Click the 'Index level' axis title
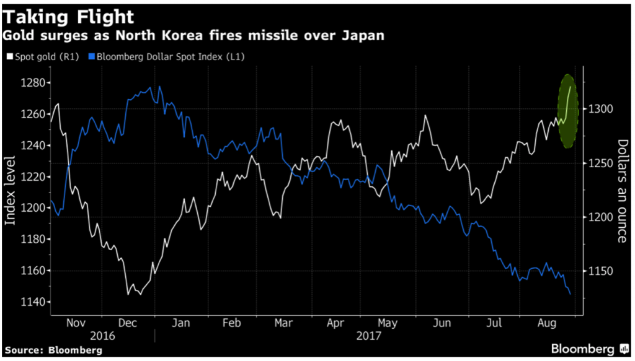(x=11, y=192)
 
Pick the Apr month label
(x=335, y=323)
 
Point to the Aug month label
(x=546, y=323)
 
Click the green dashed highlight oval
(x=568, y=111)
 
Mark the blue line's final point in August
(x=571, y=294)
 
